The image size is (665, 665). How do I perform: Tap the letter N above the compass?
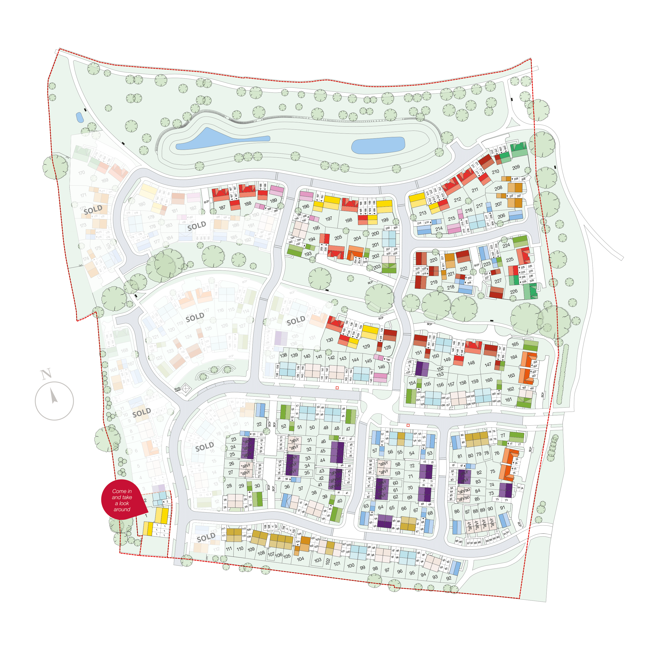[x=46, y=374]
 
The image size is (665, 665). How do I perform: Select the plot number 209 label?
[x=516, y=167]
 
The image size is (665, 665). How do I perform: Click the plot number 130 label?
[x=329, y=340]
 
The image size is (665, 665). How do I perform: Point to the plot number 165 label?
[x=515, y=344]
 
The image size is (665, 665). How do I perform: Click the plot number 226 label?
[x=514, y=291]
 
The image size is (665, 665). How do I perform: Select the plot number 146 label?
[x=381, y=367]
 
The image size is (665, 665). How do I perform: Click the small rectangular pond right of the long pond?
[x=378, y=145]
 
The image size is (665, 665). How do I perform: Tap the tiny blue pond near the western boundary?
[x=80, y=118]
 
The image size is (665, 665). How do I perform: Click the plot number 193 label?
[x=308, y=254]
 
